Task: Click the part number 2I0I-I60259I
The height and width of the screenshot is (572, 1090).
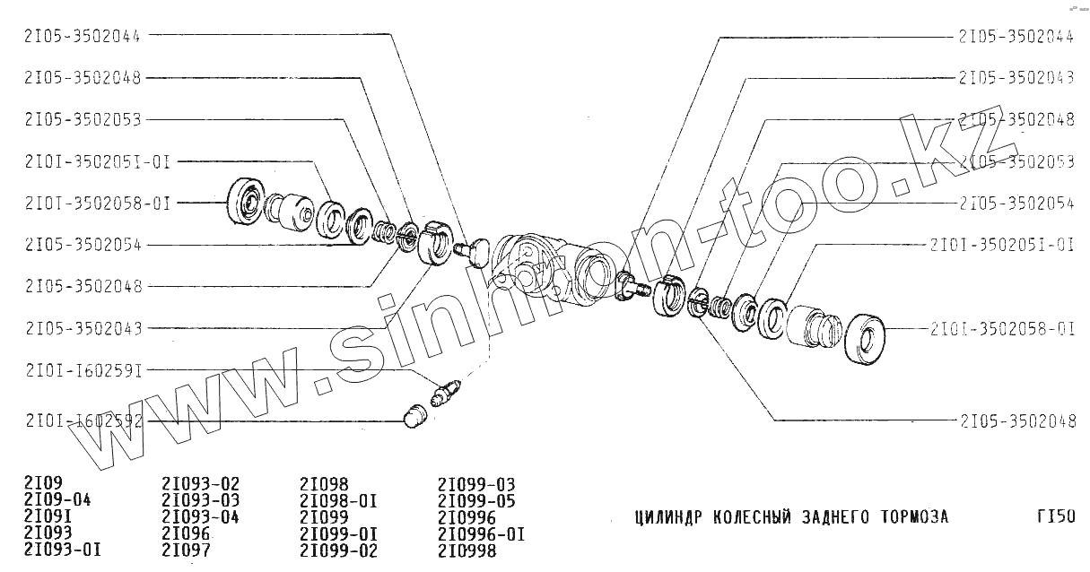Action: tap(83, 369)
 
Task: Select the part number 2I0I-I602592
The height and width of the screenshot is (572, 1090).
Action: tap(83, 420)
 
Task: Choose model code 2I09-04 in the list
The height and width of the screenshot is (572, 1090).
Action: tap(57, 500)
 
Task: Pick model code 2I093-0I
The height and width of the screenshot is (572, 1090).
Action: tap(62, 549)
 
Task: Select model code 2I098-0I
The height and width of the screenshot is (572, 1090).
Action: tap(337, 500)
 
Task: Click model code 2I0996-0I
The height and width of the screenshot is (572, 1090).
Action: tap(481, 533)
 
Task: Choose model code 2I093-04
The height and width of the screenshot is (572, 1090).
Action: tap(201, 516)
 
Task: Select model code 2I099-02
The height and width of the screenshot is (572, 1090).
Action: tap(338, 549)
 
